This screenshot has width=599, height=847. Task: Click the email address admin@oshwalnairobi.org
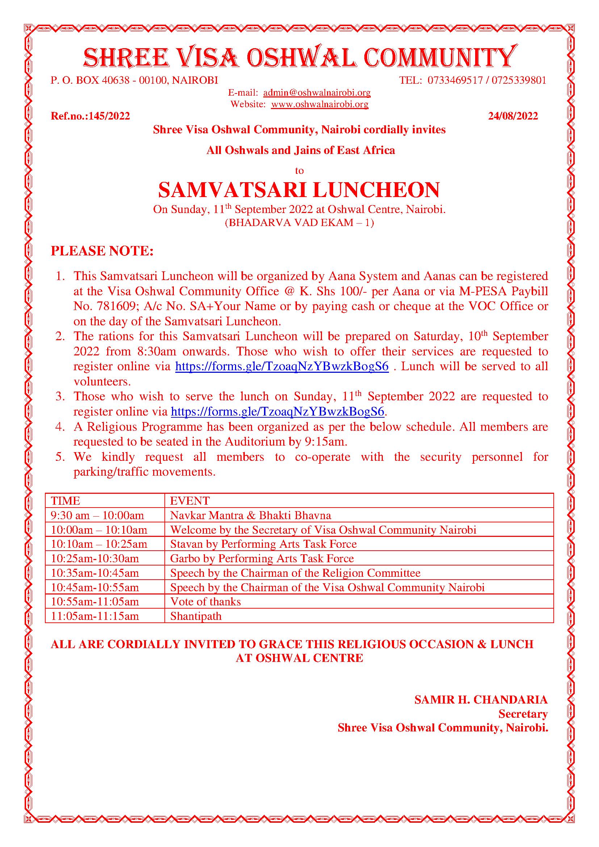tap(317, 93)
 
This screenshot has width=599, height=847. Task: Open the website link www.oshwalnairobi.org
tap(319, 104)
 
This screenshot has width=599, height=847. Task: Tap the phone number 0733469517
tap(455, 80)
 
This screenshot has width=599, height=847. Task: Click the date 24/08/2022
tap(513, 116)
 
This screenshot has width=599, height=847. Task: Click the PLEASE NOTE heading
tap(102, 251)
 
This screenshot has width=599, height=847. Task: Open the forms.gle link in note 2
tap(282, 366)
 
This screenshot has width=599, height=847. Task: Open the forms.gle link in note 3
tap(278, 411)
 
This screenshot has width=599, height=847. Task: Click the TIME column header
tap(66, 501)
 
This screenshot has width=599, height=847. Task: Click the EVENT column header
tap(189, 501)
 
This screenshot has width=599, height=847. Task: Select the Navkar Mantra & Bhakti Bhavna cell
tap(251, 516)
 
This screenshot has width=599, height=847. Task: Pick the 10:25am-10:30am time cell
tap(95, 559)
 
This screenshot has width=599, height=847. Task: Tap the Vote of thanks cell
tap(205, 602)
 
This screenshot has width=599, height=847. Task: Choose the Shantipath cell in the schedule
tap(196, 616)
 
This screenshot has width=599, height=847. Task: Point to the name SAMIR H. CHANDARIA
tap(481, 700)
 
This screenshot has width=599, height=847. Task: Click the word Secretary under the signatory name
tap(523, 714)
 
